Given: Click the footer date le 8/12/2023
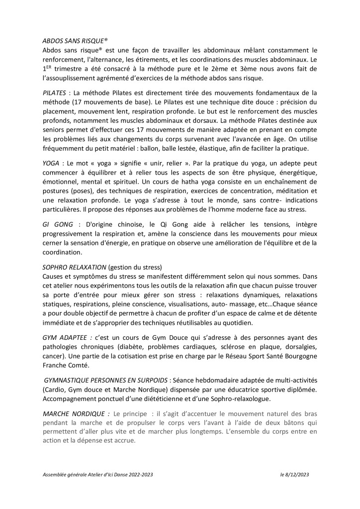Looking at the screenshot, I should tap(294, 475).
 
